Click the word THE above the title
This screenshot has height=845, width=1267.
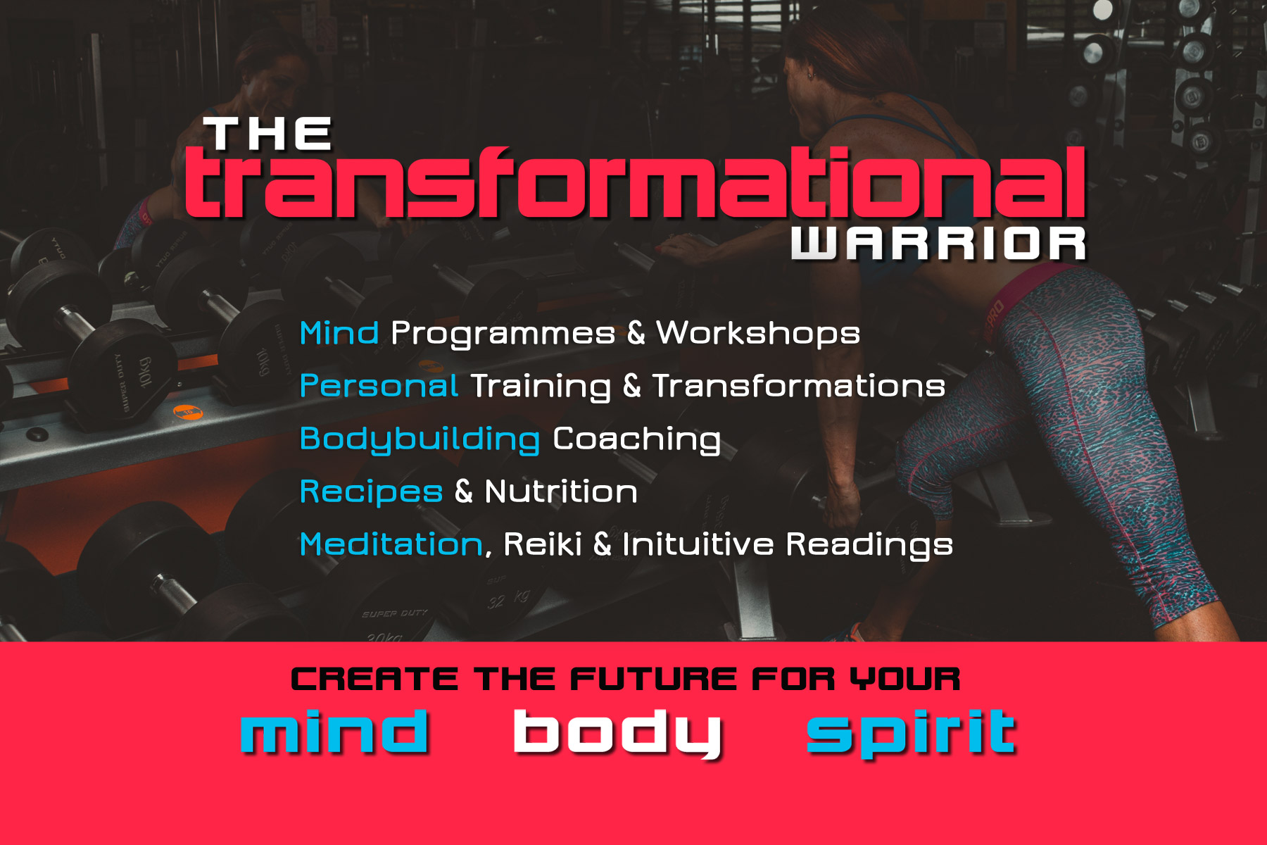[267, 134]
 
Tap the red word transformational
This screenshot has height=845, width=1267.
[635, 182]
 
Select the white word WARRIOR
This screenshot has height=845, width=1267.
[939, 244]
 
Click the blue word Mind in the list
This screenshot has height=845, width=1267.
[339, 333]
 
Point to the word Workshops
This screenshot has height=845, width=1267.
[758, 334]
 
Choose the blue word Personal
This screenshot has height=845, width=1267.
[379, 386]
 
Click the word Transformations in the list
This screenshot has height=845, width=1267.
[799, 386]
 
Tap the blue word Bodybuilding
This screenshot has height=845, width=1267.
[420, 439]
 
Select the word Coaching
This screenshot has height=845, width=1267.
[637, 439]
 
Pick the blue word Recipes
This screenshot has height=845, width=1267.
[372, 492]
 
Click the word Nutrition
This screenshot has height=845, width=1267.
[562, 492]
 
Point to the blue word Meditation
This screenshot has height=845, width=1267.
[391, 544]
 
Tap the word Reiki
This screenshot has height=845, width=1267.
[543, 544]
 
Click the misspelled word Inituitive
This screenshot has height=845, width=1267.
[698, 544]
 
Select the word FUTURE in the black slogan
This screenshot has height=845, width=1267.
[654, 680]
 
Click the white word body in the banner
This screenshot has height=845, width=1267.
[618, 734]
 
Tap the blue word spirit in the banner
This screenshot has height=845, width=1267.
[912, 734]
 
